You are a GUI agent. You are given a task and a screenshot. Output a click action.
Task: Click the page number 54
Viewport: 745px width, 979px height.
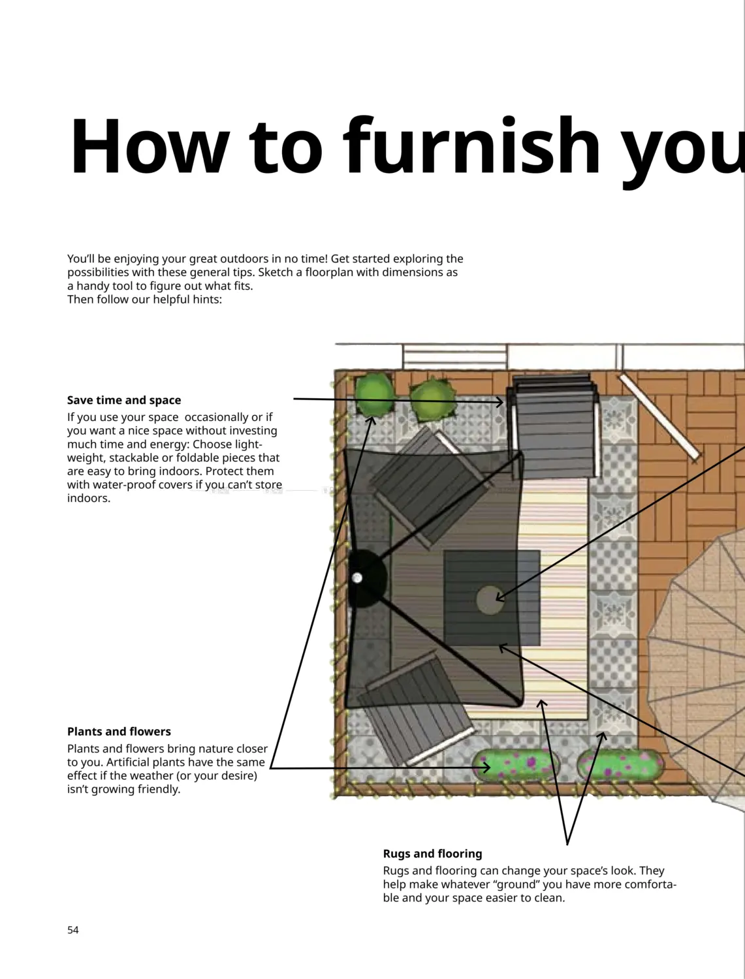[72, 930]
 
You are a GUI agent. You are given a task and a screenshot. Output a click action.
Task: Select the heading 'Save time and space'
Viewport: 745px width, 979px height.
[124, 400]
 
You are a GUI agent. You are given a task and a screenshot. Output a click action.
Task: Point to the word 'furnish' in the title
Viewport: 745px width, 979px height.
[471, 145]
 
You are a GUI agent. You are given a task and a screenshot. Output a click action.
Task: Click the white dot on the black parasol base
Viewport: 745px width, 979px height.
[357, 578]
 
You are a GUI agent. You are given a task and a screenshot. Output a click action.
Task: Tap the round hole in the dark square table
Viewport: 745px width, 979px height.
[490, 600]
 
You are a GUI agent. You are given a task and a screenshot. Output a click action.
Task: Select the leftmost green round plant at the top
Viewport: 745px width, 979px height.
[374, 394]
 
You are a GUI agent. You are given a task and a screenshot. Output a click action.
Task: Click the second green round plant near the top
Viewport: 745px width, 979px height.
[432, 400]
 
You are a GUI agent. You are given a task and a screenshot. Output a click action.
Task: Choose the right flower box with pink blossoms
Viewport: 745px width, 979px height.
[620, 764]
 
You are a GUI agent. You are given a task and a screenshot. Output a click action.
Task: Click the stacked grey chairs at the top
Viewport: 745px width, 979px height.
[553, 426]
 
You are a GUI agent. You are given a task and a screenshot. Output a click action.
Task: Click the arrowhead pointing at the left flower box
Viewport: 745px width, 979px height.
[486, 768]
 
